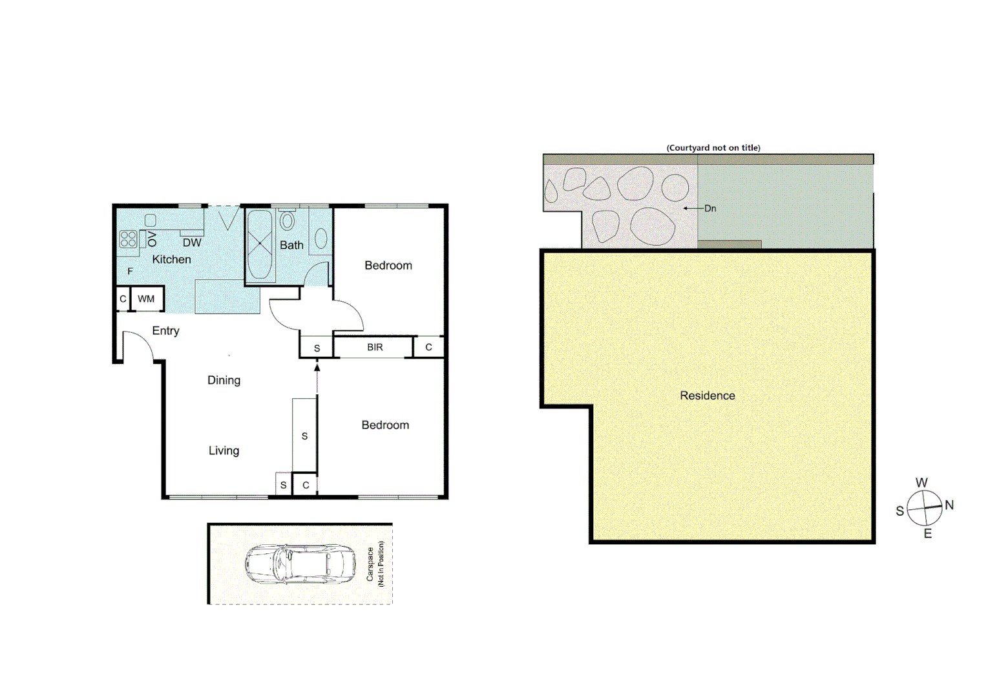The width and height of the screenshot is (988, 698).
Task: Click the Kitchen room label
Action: click(171, 259)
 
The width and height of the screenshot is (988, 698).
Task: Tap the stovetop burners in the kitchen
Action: click(128, 239)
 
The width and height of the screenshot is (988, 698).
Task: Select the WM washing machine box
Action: click(146, 299)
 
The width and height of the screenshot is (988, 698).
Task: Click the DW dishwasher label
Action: click(192, 243)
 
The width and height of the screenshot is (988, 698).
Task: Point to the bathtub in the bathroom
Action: click(260, 244)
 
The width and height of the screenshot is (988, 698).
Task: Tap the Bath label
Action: click(291, 245)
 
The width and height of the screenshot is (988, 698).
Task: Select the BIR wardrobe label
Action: click(375, 347)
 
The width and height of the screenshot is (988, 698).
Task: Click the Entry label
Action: click(165, 330)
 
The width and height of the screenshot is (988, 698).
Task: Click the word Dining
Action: click(224, 380)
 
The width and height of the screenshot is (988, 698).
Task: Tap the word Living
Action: click(224, 450)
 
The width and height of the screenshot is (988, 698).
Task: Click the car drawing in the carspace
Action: click(300, 563)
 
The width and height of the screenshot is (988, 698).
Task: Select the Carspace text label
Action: click(370, 564)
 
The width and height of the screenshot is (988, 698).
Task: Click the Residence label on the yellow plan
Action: click(707, 396)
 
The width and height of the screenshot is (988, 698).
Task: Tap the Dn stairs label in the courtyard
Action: click(710, 208)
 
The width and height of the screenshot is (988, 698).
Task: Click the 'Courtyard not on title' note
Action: click(713, 147)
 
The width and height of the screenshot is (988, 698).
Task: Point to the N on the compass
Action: click(949, 505)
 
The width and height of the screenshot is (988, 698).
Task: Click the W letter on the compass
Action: click(921, 483)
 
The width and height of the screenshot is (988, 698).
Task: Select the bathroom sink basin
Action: click(321, 238)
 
